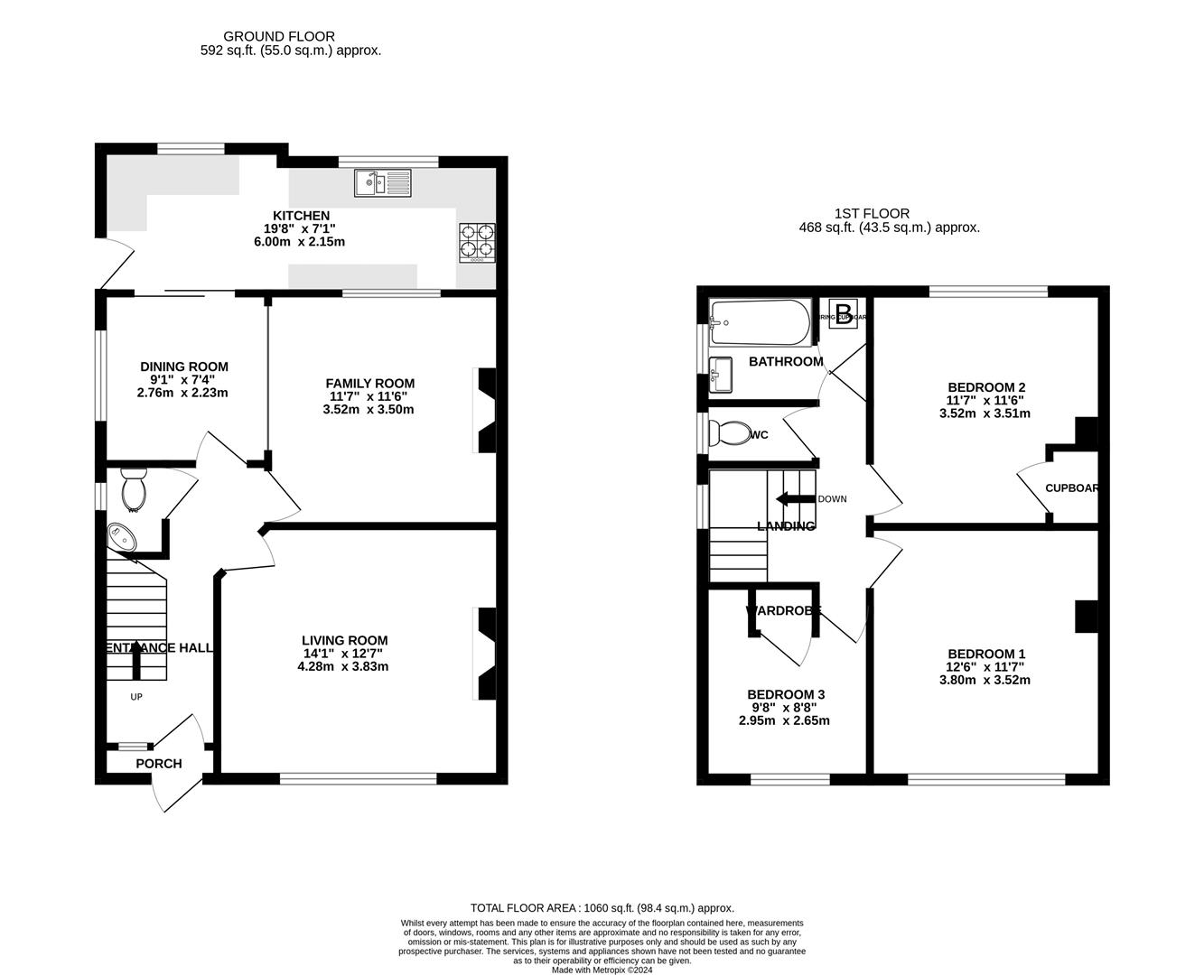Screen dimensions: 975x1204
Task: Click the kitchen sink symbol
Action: [383, 183]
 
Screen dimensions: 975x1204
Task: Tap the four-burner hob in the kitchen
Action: [478, 242]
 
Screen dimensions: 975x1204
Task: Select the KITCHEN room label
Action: [302, 216]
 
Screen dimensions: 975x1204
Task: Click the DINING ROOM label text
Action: [183, 367]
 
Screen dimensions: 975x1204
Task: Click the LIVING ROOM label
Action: [344, 641]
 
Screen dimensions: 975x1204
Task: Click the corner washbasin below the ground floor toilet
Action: [121, 538]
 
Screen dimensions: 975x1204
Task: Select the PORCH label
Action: [159, 764]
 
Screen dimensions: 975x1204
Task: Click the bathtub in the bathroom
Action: [761, 322]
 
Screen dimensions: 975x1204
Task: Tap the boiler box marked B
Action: [844, 313]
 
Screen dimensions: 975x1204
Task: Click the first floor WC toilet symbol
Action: [728, 434]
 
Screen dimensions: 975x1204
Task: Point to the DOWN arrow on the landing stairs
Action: [795, 498]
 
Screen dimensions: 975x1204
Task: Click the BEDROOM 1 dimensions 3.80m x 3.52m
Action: [985, 681]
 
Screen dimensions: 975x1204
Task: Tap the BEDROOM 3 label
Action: [785, 694]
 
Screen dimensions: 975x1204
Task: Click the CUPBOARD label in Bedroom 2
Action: [1071, 488]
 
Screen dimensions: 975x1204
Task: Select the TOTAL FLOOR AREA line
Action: [602, 908]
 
